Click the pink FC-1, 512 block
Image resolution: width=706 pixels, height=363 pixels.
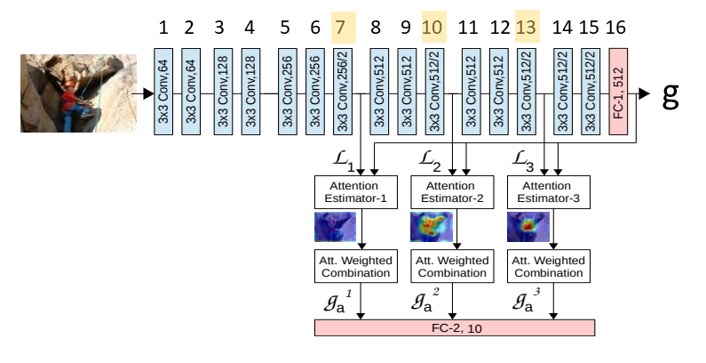[x=619, y=92]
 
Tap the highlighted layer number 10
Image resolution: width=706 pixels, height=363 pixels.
[x=433, y=28]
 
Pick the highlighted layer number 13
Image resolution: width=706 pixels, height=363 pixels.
[x=526, y=28]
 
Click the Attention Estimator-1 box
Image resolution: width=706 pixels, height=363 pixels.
[x=353, y=193]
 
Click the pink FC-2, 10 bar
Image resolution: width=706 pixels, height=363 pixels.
[x=455, y=327]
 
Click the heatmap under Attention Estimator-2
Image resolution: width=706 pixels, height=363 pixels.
[x=430, y=227]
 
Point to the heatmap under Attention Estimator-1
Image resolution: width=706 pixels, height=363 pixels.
[x=334, y=227]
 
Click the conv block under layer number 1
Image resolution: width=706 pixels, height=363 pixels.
[x=163, y=92]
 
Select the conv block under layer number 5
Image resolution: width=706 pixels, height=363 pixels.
[x=287, y=92]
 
